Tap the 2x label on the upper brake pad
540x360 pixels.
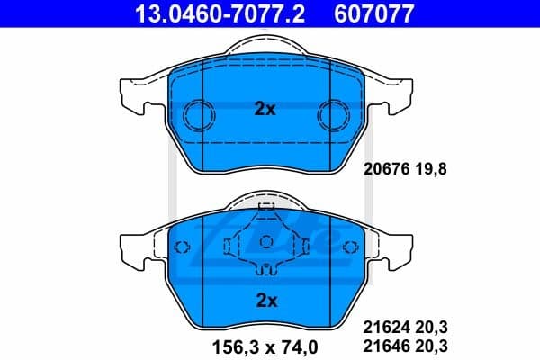coord(264,110)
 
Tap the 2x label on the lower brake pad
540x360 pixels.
coord(264,300)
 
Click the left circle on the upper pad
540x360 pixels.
coord(195,113)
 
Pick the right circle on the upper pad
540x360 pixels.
coord(334,113)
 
